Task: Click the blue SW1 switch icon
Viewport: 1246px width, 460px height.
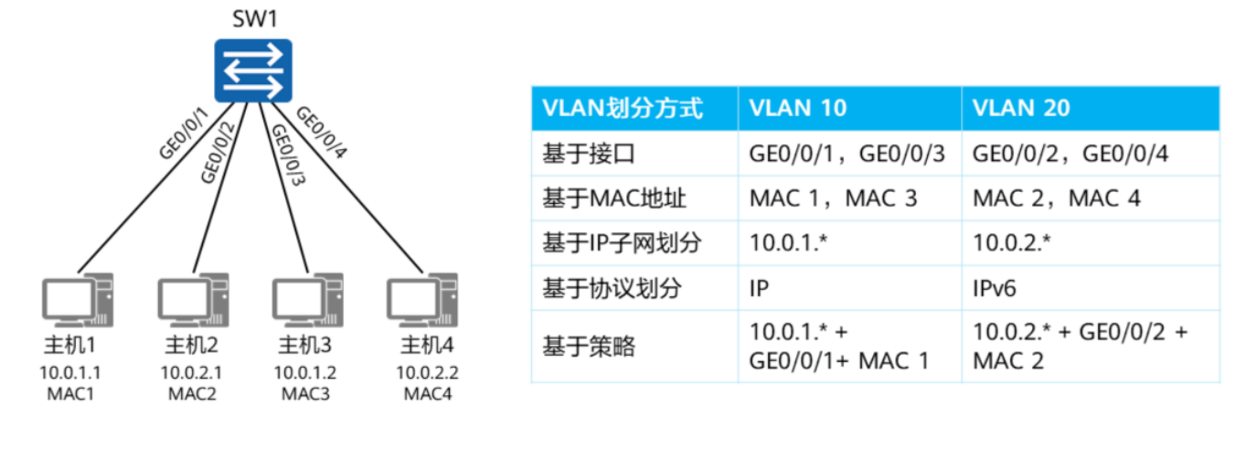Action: click(253, 70)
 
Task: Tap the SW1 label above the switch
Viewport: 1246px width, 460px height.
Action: click(255, 19)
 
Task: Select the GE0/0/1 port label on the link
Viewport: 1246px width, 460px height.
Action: click(184, 134)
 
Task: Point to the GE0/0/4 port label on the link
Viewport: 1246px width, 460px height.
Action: click(322, 133)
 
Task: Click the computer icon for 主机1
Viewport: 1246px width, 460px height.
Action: click(78, 300)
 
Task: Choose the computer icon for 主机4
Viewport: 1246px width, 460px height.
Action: click(422, 300)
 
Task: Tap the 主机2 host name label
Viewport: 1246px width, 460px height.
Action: click(191, 346)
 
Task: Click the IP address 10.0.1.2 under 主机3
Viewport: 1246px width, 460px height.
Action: click(305, 373)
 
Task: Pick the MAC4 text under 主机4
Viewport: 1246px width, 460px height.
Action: click(428, 394)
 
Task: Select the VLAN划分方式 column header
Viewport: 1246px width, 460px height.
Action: click(623, 108)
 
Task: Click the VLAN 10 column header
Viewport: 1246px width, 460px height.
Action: click(798, 108)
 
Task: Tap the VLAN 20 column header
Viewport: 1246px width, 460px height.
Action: click(1021, 108)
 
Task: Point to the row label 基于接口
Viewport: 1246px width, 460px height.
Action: click(589, 154)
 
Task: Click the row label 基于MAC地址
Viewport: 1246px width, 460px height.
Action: click(614, 198)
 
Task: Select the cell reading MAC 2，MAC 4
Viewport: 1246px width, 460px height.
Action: click(1057, 198)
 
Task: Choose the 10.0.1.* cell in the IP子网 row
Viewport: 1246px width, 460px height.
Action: click(788, 242)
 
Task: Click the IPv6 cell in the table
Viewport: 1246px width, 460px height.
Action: click(994, 288)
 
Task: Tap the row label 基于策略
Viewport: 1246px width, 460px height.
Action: click(589, 346)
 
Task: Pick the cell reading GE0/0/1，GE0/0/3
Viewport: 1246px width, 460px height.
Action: click(847, 154)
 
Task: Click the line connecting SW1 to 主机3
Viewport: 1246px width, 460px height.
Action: click(283, 187)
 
